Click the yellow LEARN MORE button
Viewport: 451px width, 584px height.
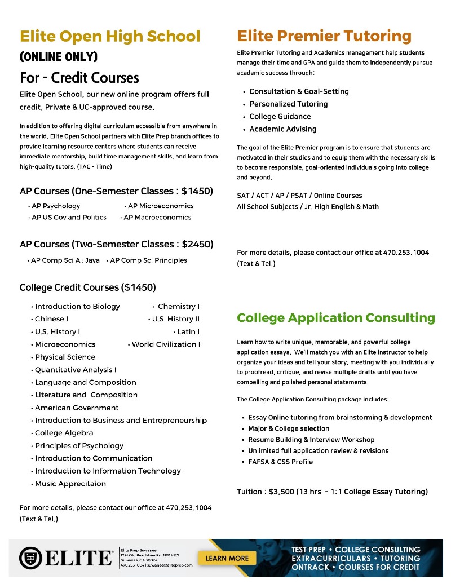tap(227, 558)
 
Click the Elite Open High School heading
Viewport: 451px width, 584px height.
tap(110, 37)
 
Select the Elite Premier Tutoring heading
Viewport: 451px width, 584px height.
tap(324, 37)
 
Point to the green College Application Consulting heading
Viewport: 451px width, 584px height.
tap(336, 318)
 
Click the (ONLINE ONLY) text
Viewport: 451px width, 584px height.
tap(59, 57)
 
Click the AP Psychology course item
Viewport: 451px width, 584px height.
tap(56, 206)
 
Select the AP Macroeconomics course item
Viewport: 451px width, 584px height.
tap(157, 217)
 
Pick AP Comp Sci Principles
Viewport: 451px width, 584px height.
tap(148, 260)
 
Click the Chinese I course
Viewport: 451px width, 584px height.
tap(51, 319)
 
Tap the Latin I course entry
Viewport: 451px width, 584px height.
tap(188, 331)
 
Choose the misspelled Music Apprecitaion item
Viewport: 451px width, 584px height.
tap(70, 484)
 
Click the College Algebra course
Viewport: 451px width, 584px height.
tap(64, 433)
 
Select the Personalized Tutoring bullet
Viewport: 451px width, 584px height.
tap(288, 104)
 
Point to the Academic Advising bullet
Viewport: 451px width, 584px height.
tap(283, 129)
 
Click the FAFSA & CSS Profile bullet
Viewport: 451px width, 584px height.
tap(280, 462)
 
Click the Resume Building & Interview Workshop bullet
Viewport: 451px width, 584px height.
tap(311, 440)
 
